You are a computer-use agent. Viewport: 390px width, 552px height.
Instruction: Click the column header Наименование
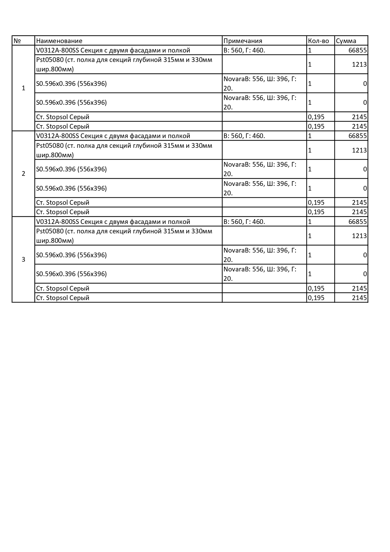coord(59,41)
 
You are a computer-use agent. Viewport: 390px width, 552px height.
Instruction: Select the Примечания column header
coord(243,41)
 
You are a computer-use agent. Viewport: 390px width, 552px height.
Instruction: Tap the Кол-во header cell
coord(318,41)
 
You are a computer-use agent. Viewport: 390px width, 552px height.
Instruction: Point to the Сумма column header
coord(346,41)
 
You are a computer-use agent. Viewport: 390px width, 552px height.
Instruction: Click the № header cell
coord(17,41)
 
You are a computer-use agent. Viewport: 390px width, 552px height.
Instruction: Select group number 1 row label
coord(23,88)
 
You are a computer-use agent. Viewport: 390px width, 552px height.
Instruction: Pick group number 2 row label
coord(23,174)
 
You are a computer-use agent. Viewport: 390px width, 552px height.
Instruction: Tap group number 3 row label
coord(23,260)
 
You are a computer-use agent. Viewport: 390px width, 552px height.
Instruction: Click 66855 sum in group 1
coord(357,50)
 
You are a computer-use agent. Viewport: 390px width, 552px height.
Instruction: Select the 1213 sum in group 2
coord(359,150)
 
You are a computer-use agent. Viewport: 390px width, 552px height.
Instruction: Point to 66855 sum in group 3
coord(357,222)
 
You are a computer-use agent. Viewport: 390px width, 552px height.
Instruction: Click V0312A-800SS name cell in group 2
coord(113,136)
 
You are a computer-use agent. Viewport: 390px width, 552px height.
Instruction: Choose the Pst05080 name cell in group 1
coord(124,64)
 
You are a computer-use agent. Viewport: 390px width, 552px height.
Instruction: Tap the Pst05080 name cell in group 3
coord(124,236)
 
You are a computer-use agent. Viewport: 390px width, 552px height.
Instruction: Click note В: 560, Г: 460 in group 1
coord(244,50)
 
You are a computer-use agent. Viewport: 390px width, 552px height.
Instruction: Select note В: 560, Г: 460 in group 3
coord(244,222)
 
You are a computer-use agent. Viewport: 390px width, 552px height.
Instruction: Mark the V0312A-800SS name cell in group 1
coord(113,50)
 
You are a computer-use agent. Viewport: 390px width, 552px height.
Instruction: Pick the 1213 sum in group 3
coord(359,236)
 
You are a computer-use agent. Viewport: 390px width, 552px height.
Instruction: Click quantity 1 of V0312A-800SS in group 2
coord(310,136)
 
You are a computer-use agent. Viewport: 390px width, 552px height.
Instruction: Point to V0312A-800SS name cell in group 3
coord(113,222)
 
